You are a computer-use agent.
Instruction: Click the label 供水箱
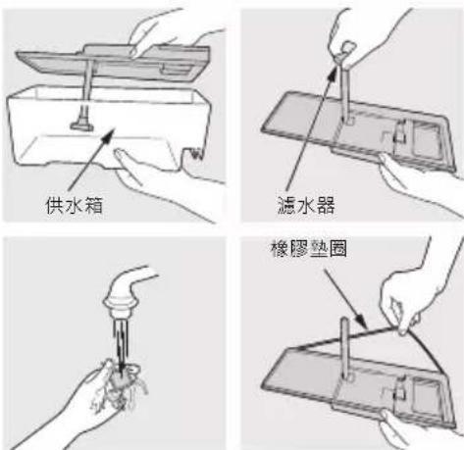(x=75, y=205)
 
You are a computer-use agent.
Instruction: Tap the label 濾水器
(x=306, y=206)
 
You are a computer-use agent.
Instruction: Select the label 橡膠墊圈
(x=309, y=249)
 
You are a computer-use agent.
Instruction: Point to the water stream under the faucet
(x=121, y=341)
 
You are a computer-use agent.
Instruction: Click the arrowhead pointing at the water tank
(x=108, y=136)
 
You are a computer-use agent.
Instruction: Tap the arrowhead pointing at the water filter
(x=332, y=74)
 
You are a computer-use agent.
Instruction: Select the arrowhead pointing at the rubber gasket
(x=361, y=322)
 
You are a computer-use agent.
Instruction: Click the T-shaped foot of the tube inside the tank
(x=82, y=125)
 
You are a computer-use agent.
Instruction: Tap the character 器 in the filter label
(x=326, y=206)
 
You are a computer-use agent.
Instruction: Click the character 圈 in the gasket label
(x=338, y=249)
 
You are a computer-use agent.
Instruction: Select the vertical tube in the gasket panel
(x=345, y=348)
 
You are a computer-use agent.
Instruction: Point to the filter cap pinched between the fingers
(x=344, y=50)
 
